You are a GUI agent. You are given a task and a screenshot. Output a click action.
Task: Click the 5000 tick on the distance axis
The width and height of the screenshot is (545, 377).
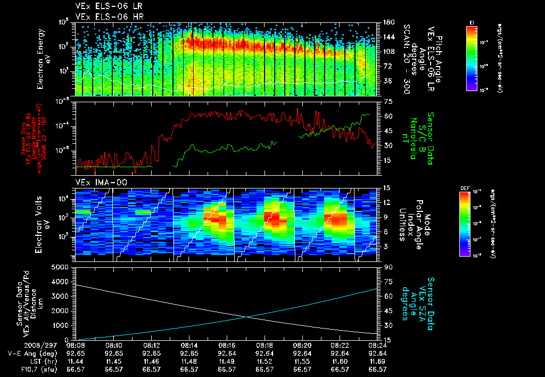click(63, 267)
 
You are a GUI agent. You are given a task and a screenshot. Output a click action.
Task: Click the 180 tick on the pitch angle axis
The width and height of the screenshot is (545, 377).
click(387, 22)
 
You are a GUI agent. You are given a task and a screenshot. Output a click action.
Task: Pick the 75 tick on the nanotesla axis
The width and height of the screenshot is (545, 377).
click(387, 101)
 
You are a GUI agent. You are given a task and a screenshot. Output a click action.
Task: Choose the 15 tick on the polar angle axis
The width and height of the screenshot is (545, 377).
click(387, 188)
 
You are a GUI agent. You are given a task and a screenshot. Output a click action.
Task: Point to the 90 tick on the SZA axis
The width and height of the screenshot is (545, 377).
click(387, 267)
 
